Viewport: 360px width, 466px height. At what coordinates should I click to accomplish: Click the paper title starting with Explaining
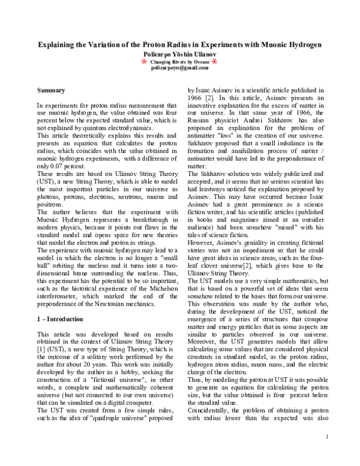[179, 45]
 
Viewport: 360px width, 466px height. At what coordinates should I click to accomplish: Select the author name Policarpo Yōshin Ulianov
[179, 53]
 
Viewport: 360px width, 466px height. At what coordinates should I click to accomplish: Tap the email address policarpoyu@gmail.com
[179, 68]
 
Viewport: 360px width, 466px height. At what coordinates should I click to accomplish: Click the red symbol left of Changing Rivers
[144, 61]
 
